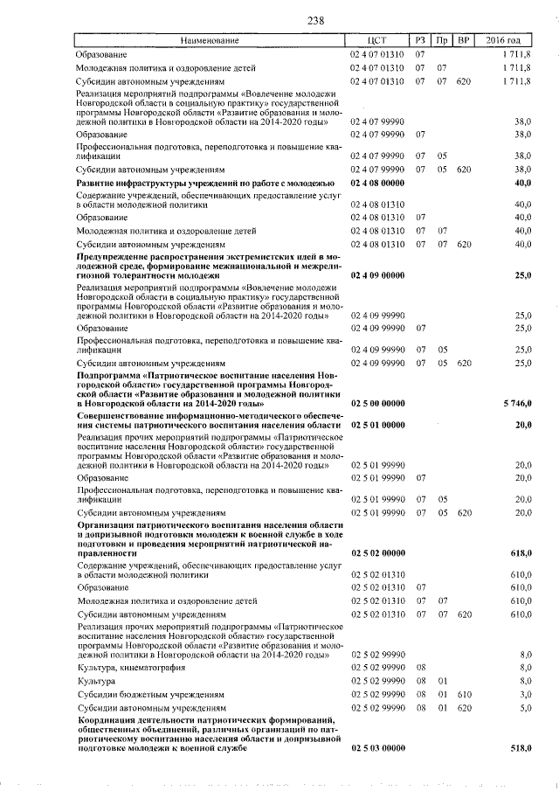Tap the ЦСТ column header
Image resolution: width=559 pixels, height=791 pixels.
377,40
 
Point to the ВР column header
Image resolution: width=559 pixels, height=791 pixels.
465,40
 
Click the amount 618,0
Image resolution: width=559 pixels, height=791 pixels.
521,554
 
